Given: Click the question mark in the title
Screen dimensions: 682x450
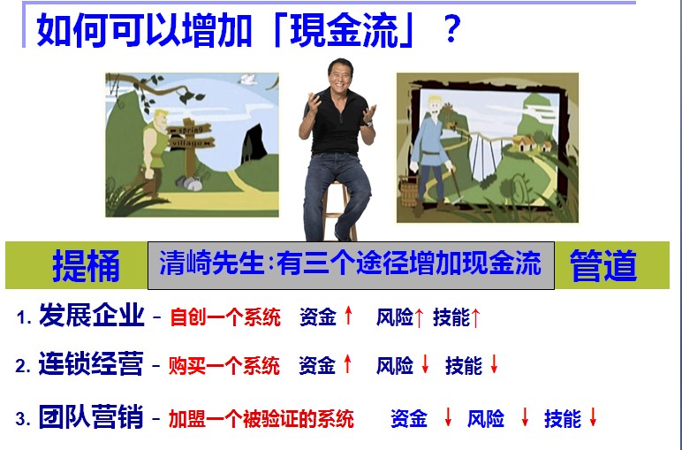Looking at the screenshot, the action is tap(452, 29).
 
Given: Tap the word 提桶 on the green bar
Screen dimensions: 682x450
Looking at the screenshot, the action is tap(86, 266).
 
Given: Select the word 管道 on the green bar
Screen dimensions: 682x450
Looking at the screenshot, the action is tap(602, 265).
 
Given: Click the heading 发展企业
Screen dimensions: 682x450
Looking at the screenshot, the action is tap(92, 315).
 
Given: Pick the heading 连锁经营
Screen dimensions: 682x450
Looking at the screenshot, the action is tap(91, 364).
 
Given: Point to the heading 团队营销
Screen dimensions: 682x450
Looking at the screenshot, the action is tap(91, 416).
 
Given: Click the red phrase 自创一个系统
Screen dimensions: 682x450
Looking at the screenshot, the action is tap(225, 317).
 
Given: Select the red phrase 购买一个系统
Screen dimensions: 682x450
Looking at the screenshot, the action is tap(224, 366).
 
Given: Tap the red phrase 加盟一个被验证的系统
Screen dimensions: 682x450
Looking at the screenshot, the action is tap(261, 419).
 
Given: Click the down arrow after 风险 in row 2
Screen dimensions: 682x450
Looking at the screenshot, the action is tap(425, 364).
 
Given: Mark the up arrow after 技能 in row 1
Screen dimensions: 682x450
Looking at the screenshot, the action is tap(475, 317).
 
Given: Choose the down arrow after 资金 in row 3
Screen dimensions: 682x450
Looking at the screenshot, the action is tap(448, 417).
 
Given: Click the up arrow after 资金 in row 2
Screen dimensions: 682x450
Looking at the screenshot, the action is tap(347, 363).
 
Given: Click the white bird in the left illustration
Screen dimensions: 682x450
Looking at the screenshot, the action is tap(248, 79).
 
